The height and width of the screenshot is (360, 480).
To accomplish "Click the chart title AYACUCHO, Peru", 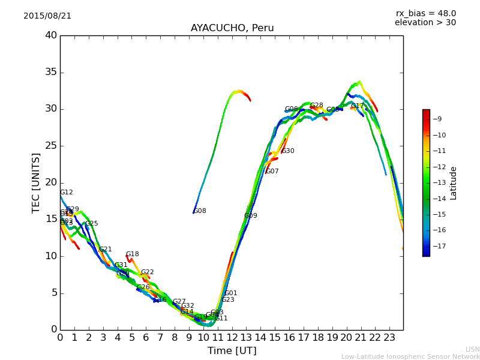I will coord(232,28).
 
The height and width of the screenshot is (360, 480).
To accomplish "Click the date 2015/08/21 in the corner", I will coord(47,16).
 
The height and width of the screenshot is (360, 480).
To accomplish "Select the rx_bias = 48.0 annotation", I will coord(426,13).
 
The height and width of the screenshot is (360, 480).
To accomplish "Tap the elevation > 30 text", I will coord(425,23).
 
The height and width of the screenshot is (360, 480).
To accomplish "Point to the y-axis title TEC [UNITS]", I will coord(36,183).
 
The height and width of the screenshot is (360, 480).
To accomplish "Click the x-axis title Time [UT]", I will coord(232,351).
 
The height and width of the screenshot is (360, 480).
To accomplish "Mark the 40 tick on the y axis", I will coord(51,35).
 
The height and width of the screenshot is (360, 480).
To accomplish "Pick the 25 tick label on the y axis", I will coord(51,146).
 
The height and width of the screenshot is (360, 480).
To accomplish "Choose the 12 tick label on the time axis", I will coord(232,337).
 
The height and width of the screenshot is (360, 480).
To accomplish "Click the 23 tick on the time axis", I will coord(389,337).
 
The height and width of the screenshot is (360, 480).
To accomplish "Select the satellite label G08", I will coord(200,211).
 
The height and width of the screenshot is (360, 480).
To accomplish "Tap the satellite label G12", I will coord(67,193).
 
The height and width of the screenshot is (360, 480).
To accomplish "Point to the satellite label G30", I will coord(288,151).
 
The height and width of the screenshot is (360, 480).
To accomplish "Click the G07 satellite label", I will coord(272,172).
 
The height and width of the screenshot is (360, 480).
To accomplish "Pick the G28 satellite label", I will coord(317,106).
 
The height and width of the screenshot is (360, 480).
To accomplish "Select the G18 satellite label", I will coord(133,254).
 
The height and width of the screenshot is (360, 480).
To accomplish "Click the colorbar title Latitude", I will coord(454,183).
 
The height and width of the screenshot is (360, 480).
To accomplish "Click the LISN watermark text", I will coord(473,349).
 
